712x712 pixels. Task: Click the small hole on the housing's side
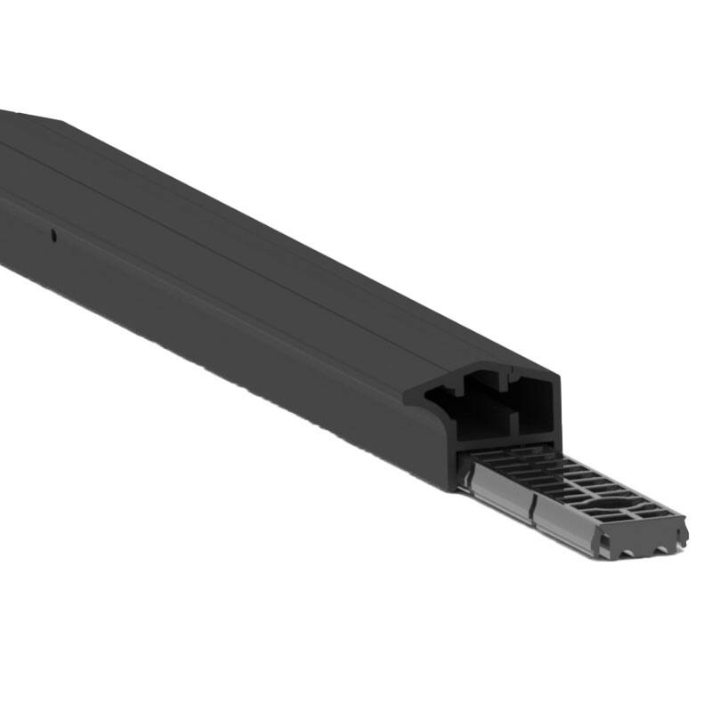coord(53,236)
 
